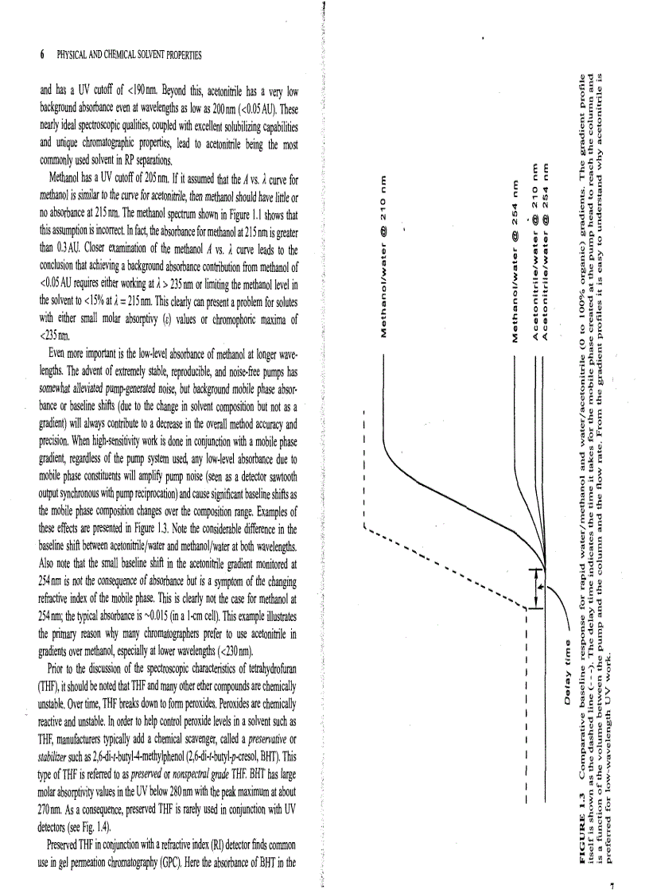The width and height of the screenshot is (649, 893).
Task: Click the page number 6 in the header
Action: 41,56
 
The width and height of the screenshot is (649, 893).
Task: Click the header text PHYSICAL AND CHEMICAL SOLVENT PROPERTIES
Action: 128,56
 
